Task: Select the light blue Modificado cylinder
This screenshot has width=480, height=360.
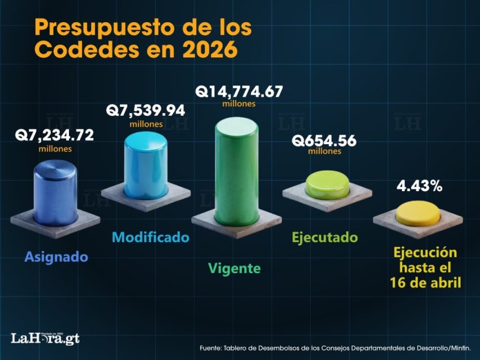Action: pyautogui.click(x=146, y=166)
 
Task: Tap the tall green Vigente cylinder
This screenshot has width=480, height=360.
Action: pyautogui.click(x=237, y=172)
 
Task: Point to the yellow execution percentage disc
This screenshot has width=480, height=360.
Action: pyautogui.click(x=418, y=213)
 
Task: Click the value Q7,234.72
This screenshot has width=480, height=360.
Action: pyautogui.click(x=54, y=135)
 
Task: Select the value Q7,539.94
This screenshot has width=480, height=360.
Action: pyautogui.click(x=146, y=110)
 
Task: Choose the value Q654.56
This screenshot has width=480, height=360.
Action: pyautogui.click(x=324, y=140)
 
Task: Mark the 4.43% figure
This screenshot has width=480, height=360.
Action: pyautogui.click(x=419, y=186)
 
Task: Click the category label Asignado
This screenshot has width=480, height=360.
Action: pyautogui.click(x=57, y=257)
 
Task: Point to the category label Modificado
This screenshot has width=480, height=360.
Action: pyautogui.click(x=150, y=237)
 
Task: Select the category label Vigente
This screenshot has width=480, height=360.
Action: pyautogui.click(x=234, y=268)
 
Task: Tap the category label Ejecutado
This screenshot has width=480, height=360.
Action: pyautogui.click(x=325, y=238)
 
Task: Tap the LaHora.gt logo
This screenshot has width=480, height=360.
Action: pyautogui.click(x=45, y=338)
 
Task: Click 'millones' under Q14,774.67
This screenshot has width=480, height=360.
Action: pyautogui.click(x=239, y=104)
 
